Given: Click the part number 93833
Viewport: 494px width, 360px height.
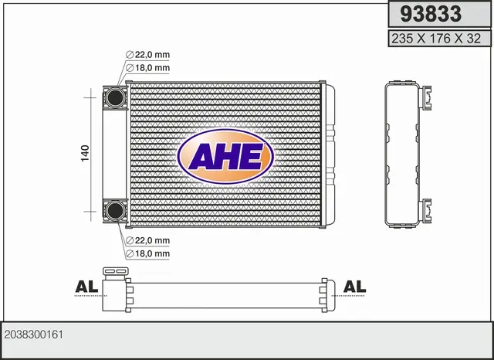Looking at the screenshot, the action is click(431, 14).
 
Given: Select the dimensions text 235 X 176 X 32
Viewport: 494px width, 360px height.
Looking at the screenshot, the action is click(436, 39).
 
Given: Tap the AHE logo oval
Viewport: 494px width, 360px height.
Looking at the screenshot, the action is click(225, 156).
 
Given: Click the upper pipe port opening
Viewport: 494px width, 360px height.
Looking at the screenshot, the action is click(115, 97).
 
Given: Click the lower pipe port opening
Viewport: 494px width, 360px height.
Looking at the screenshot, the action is click(115, 210).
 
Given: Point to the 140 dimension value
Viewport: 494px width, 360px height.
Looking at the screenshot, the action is click(85, 154).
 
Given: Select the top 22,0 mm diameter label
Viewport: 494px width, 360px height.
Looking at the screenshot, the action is click(147, 55).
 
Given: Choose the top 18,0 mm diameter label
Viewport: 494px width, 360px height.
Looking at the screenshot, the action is click(147, 68).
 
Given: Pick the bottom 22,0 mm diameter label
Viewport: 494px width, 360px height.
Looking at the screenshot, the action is click(147, 240).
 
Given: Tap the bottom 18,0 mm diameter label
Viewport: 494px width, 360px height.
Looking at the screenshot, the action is click(147, 253).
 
